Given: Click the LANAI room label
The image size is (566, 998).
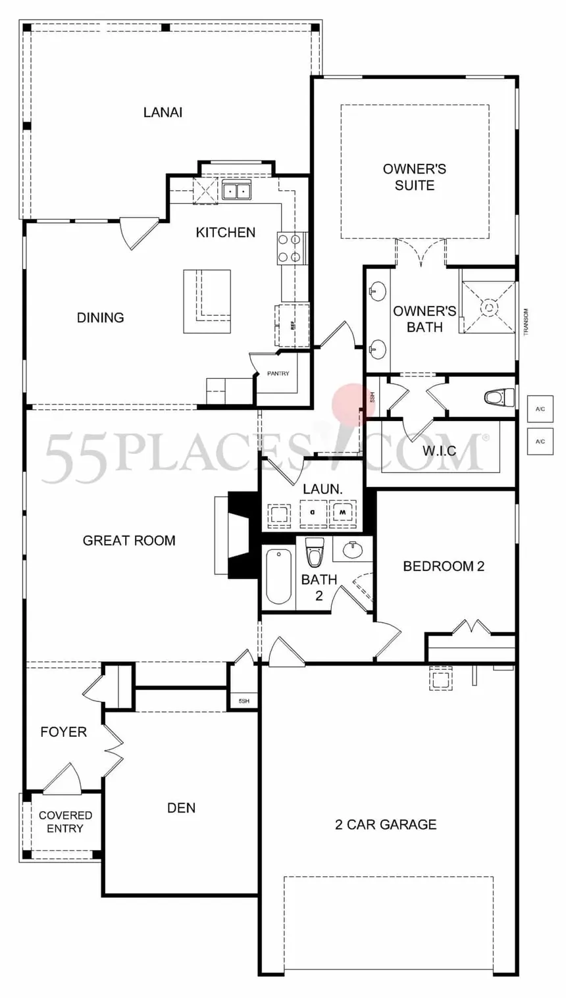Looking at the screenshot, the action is (x=163, y=112).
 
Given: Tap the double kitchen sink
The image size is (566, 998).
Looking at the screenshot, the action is (x=237, y=190).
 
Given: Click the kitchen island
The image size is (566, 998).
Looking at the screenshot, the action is (x=207, y=301).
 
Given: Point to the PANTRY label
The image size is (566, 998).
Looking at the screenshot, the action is (x=278, y=374).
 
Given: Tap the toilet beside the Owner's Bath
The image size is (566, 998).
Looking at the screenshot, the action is (x=499, y=397).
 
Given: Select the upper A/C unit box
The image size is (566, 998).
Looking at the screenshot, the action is (x=540, y=409).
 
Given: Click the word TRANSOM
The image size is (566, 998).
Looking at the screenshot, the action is (x=526, y=322).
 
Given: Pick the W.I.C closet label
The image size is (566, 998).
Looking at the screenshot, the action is (x=440, y=451).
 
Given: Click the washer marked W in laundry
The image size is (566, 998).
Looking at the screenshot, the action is (x=342, y=513).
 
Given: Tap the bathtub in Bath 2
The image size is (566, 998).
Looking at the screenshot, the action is (x=278, y=576).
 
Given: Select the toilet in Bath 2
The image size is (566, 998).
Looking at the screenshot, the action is (x=315, y=552).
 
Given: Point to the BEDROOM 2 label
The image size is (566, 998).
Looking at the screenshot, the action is (x=444, y=566).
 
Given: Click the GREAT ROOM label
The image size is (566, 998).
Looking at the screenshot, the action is (x=129, y=540).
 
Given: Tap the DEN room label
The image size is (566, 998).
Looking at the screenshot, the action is (x=182, y=808).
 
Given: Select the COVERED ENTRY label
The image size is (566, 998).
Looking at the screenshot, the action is (x=66, y=822).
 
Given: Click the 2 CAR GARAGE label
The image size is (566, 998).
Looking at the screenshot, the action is (x=386, y=825).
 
